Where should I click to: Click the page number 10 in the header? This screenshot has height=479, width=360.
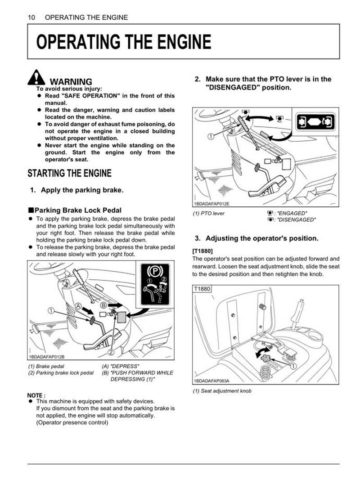[31, 18]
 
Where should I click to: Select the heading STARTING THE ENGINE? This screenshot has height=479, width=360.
[70, 173]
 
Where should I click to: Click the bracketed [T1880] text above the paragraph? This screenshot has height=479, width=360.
[202, 251]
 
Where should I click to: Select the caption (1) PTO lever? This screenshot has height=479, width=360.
[209, 213]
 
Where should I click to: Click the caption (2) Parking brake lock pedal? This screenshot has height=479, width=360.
[61, 373]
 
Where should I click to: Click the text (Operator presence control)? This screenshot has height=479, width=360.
[72, 422]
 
